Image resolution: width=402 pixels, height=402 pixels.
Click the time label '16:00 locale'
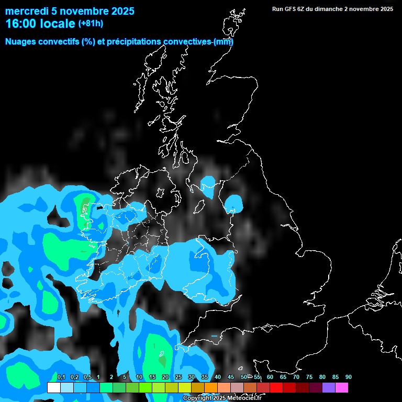[40, 24]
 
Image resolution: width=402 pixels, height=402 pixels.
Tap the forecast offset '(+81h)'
[91, 24]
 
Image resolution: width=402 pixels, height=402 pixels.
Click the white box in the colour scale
[53, 388]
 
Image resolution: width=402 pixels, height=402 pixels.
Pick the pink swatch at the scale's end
[341, 388]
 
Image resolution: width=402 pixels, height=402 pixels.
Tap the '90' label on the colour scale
[348, 377]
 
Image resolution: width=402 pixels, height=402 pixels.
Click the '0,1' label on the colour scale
[61, 377]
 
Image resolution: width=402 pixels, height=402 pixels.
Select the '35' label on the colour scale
[204, 377]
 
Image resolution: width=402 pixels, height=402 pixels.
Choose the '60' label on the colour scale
[270, 377]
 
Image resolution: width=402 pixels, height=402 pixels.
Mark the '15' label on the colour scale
[152, 377]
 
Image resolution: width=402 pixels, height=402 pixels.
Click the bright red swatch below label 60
[276, 388]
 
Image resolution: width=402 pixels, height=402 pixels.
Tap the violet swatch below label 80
[328, 388]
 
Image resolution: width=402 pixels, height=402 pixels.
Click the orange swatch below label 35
[210, 388]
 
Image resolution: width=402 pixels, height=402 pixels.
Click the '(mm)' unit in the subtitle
[223, 42]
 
